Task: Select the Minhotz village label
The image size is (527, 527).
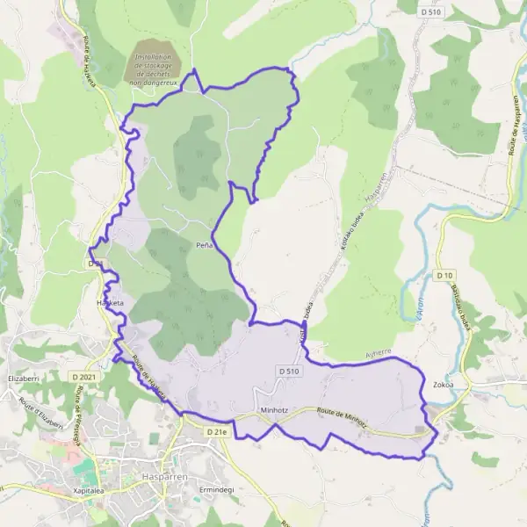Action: click(274, 410)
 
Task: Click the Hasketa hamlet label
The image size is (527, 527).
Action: click(111, 303)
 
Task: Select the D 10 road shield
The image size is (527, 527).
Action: click(444, 275)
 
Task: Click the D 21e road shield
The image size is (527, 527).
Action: click(216, 432)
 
